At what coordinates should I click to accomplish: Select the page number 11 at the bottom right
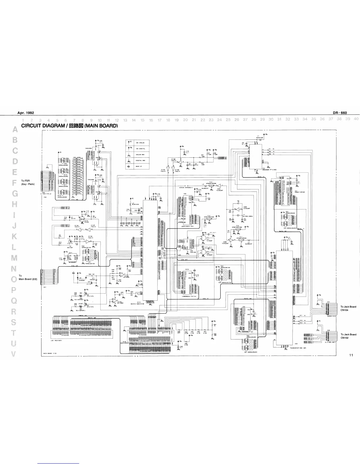pyautogui.click(x=351, y=355)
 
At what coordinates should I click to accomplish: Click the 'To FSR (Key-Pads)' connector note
pyautogui.click(x=28, y=182)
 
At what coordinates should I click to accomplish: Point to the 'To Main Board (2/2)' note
pyautogui.click(x=28, y=277)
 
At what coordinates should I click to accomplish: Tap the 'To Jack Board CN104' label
pyautogui.click(x=348, y=308)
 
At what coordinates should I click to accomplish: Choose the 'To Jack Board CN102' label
pyautogui.click(x=348, y=336)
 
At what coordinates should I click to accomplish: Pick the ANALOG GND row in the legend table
pyautogui.click(x=138, y=154)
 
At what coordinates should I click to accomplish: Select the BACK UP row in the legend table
pyautogui.click(x=138, y=166)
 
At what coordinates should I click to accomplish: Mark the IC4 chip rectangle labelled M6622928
pyautogui.click(x=256, y=158)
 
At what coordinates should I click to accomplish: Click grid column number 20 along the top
pyautogui.click(x=185, y=120)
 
